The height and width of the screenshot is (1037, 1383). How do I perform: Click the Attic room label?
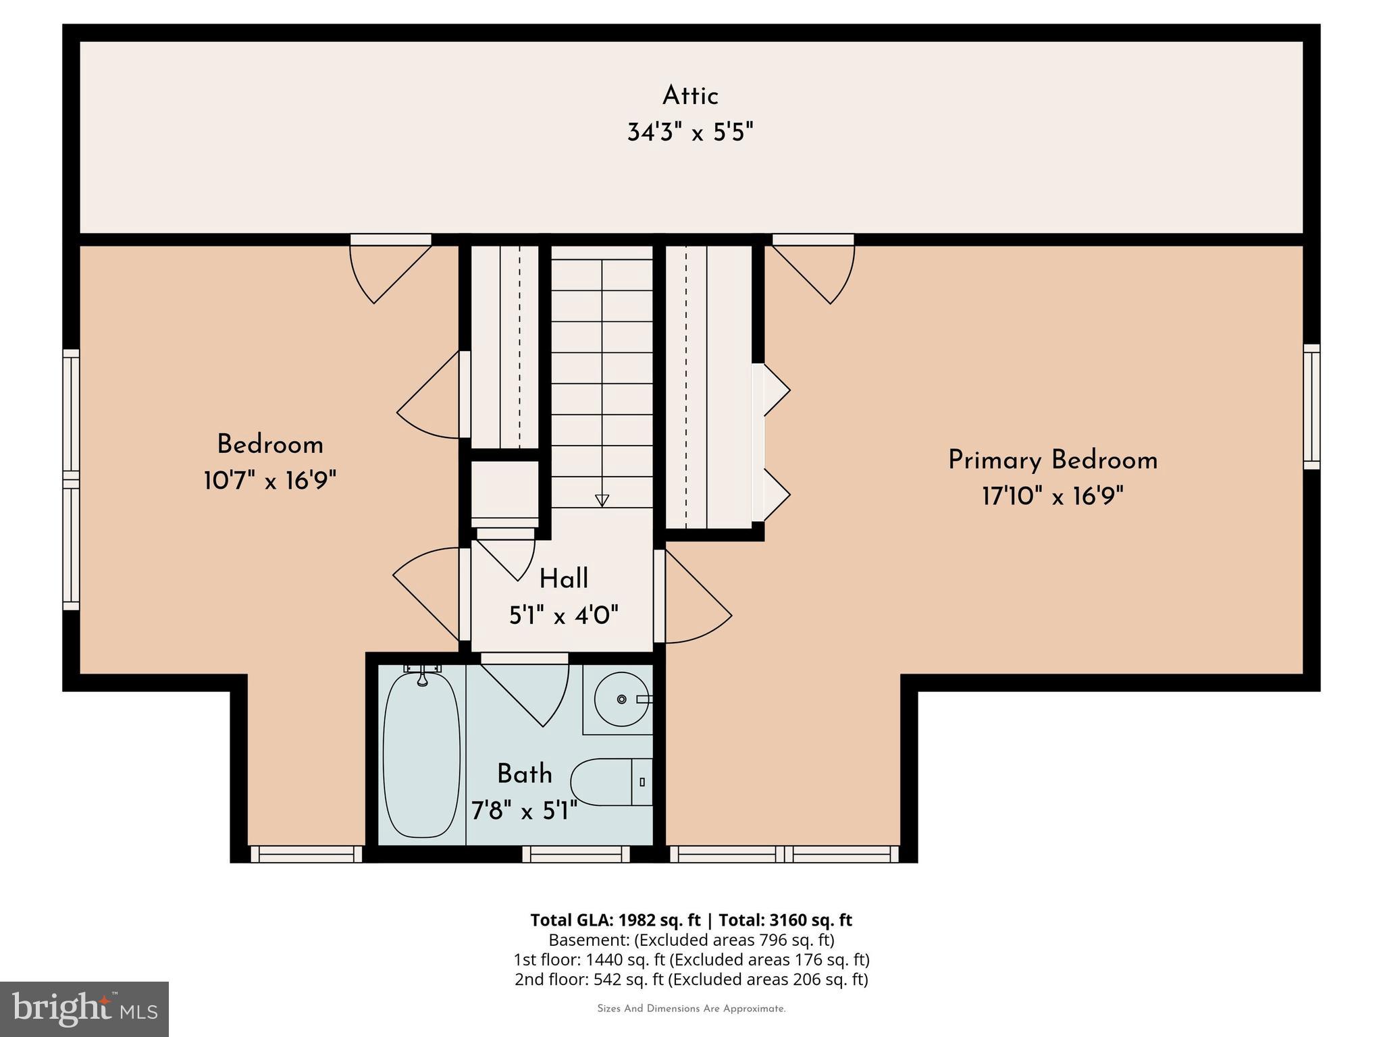point(689,96)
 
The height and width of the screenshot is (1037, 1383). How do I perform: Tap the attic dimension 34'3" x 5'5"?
point(689,132)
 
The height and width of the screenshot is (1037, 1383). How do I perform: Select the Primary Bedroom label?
point(1052,460)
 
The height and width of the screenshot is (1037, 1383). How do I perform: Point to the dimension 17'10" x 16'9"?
point(1052,497)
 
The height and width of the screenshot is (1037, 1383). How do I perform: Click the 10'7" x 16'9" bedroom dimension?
point(269,481)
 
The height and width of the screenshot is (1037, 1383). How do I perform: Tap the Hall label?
point(563,579)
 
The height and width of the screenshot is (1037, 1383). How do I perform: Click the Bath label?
point(524,774)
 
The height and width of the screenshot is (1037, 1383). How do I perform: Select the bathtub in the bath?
point(421,755)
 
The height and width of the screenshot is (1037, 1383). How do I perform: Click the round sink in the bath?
point(621,699)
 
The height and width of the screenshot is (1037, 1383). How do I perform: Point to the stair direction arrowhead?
point(602,500)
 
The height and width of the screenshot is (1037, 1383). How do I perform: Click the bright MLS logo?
point(84,1009)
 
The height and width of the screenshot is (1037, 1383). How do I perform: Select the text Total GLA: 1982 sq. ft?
point(615,920)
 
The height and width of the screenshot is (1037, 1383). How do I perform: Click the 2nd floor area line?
point(691,979)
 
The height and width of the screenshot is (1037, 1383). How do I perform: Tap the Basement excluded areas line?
point(691,940)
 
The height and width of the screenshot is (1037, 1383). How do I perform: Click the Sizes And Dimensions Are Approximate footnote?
point(691,1009)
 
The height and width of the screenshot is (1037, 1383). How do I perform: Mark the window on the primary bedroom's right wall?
point(1311,406)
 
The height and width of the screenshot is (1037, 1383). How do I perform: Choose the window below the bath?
point(575,855)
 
